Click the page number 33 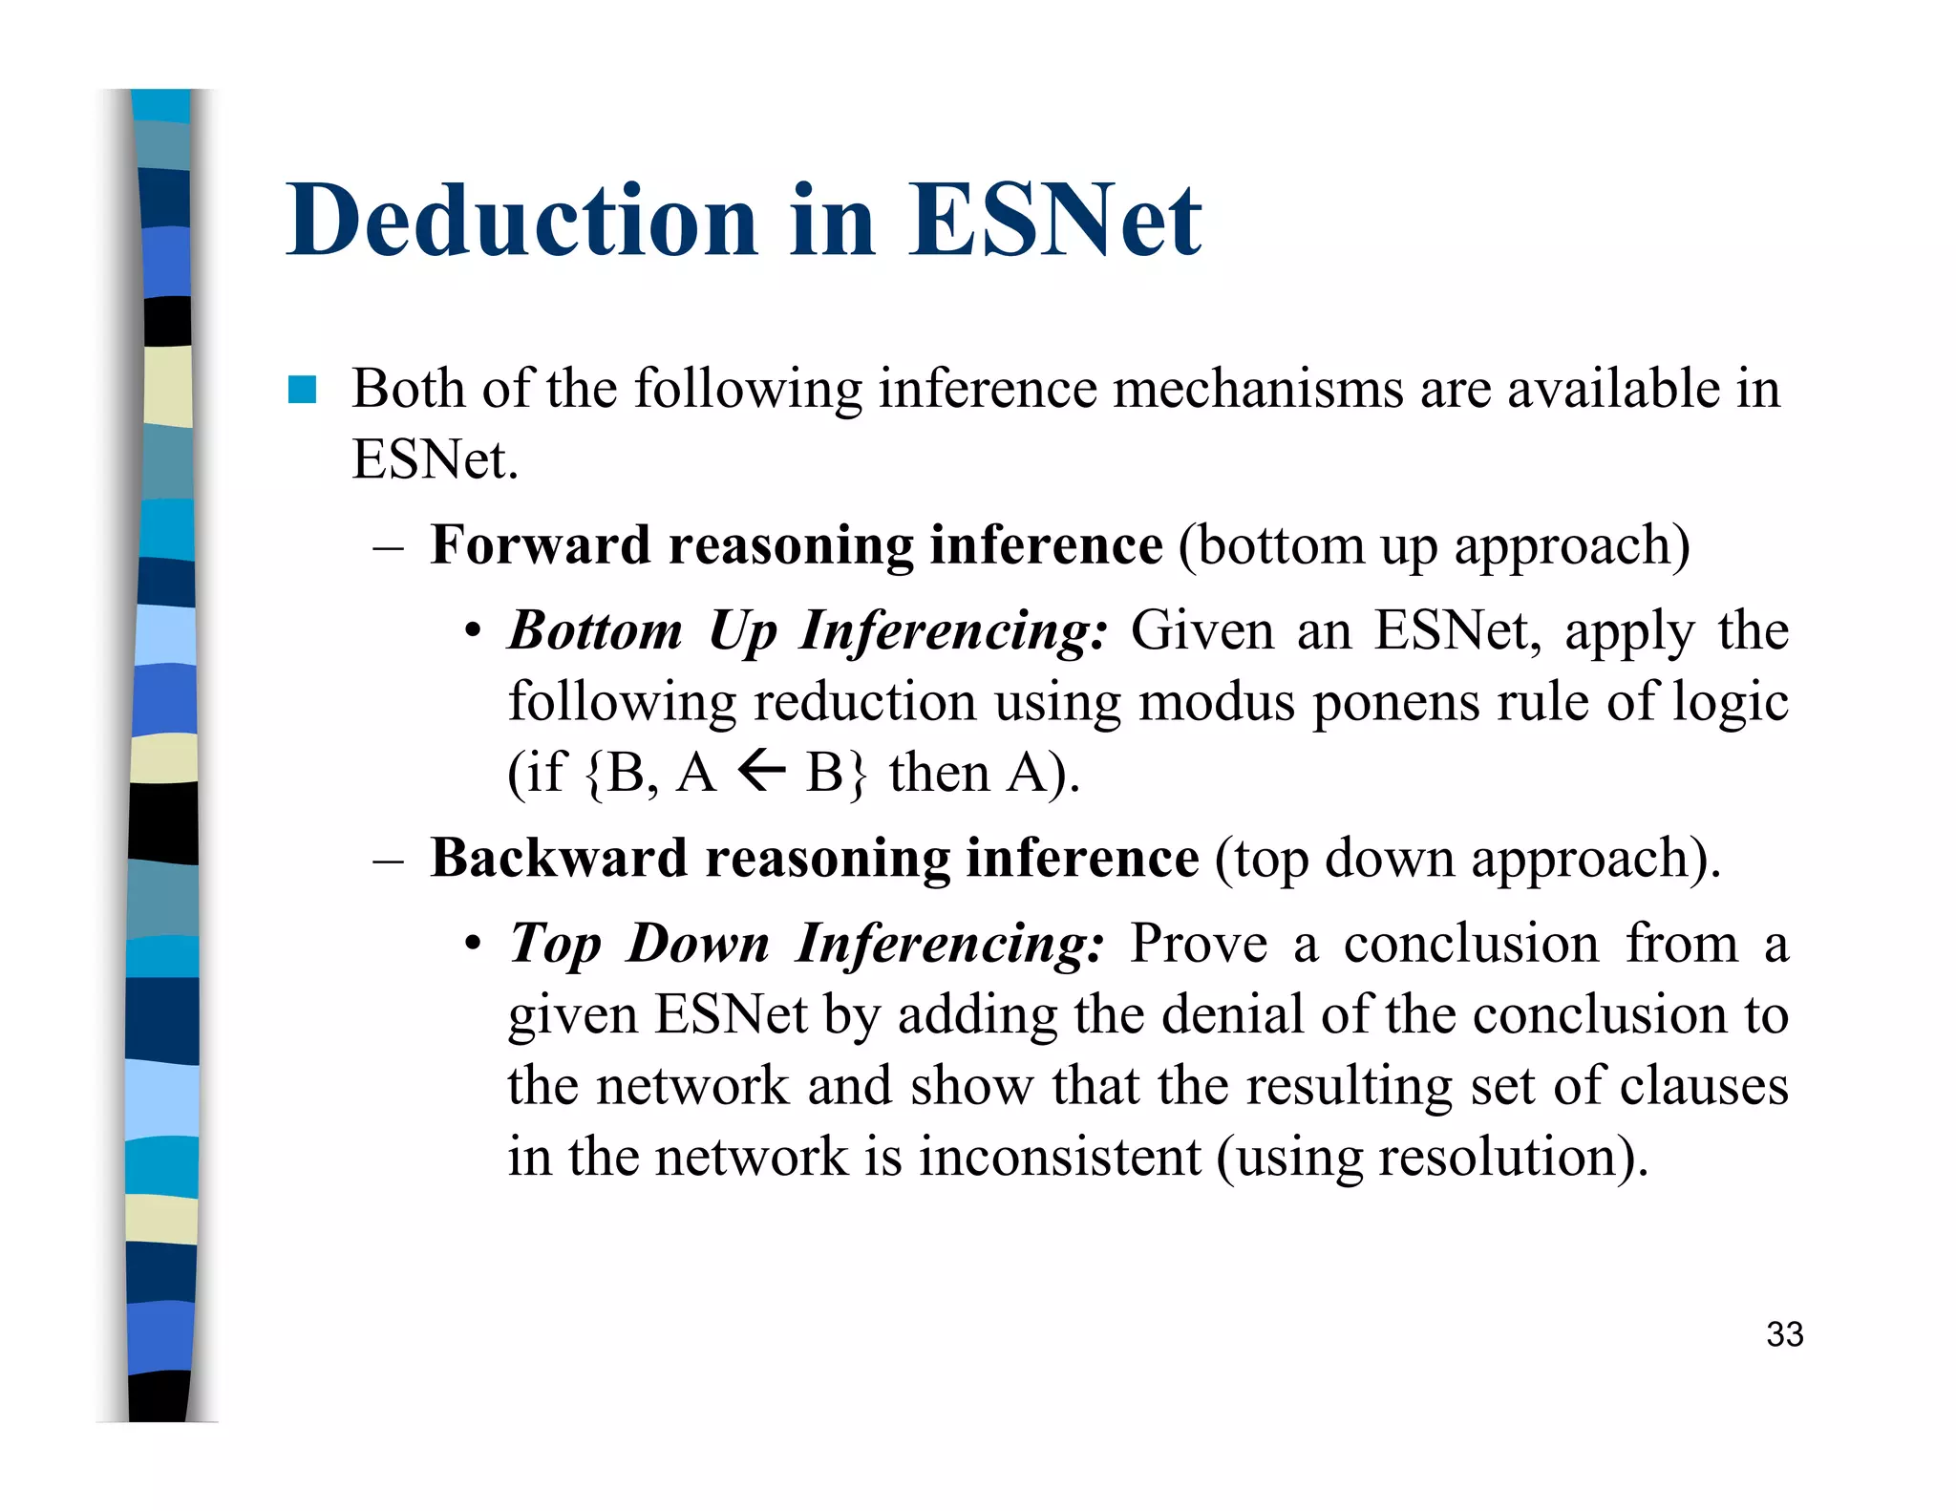click(x=1784, y=1334)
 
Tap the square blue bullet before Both click(x=302, y=390)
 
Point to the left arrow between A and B click(x=761, y=770)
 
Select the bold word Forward click(x=540, y=545)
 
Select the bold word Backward click(x=558, y=858)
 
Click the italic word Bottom click(x=595, y=630)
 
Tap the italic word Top click(x=555, y=944)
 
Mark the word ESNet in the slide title click(x=1053, y=221)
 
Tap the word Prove click(x=1199, y=944)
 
